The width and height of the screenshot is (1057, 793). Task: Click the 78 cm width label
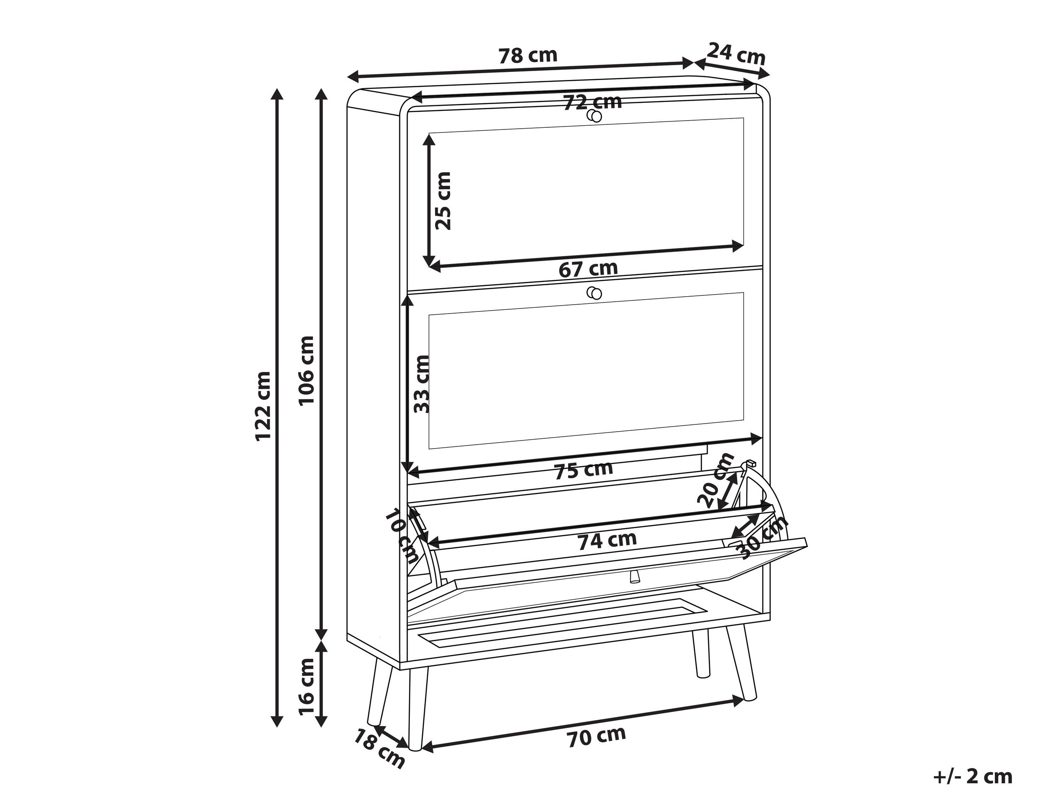point(528,56)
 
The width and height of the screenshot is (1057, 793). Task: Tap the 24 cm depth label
point(736,54)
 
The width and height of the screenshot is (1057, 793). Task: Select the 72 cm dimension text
point(593,102)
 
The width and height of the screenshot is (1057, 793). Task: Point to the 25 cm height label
point(442,201)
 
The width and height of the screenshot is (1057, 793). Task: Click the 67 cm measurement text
point(588,269)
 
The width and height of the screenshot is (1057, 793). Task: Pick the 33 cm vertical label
point(421,384)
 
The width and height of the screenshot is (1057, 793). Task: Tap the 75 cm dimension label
point(583,470)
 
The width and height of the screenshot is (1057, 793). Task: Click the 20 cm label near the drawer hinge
point(715,480)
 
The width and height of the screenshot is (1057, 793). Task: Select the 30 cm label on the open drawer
point(763,537)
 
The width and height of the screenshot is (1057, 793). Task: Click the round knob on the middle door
point(594,292)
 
